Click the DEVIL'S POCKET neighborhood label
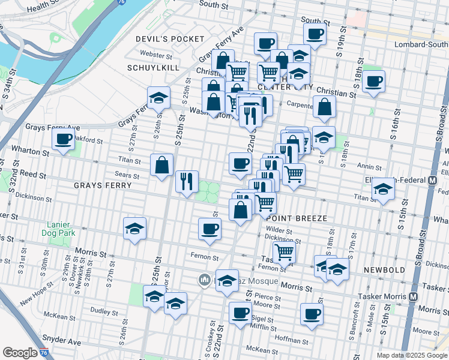pos(162,38)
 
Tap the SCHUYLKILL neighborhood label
pos(153,68)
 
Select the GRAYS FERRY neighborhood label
pos(103,185)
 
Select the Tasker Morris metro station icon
pos(413,296)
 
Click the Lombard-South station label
pos(421,44)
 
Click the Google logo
pos(20,353)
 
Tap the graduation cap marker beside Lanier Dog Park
pos(135,228)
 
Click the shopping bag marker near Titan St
pos(162,165)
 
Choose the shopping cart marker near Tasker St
pos(284,252)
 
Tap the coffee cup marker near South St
pos(315,34)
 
